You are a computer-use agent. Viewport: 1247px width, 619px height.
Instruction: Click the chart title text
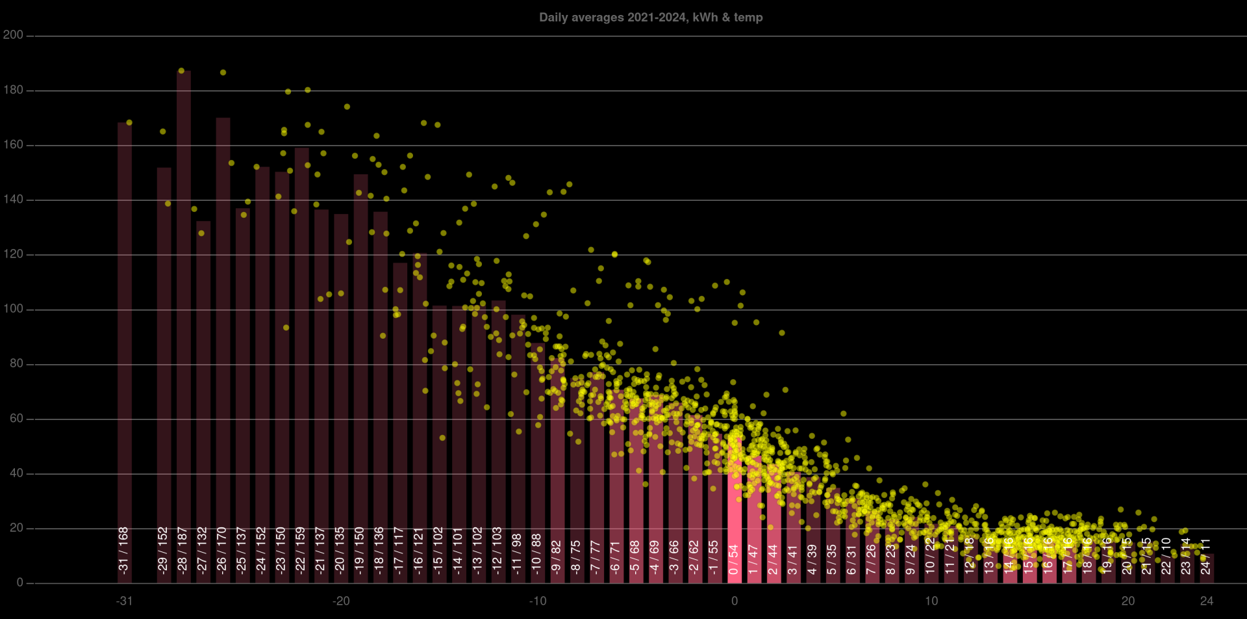[651, 18]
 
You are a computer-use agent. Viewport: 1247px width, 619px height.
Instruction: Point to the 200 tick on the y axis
[13, 35]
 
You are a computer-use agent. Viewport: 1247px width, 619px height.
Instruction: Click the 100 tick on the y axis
[13, 309]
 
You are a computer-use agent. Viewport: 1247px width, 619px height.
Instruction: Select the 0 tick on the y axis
[19, 583]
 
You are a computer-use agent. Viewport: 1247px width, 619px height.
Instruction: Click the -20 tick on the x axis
[341, 601]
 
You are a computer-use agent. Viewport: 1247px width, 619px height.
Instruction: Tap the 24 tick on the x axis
[1207, 601]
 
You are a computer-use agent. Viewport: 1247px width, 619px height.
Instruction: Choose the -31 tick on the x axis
[124, 601]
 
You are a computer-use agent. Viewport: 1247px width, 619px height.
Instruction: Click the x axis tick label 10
[931, 601]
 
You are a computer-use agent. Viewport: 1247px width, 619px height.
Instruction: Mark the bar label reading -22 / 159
[301, 549]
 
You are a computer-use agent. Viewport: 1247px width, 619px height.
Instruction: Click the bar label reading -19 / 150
[360, 549]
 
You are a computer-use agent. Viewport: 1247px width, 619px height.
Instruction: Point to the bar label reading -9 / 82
[557, 555]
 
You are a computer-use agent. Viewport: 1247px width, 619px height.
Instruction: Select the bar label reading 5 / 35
[833, 559]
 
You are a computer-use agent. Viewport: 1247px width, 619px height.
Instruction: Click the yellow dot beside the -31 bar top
[129, 122]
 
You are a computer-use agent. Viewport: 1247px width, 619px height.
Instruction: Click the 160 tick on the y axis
[13, 145]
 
